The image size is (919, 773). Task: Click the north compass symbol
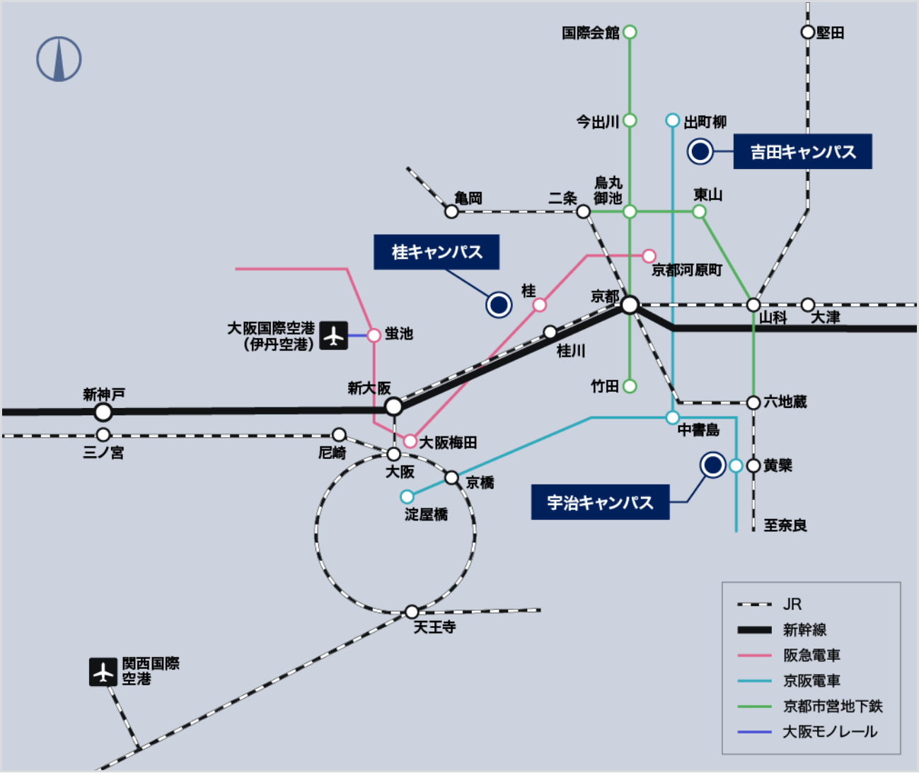(59, 59)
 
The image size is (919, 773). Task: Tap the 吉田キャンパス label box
(802, 151)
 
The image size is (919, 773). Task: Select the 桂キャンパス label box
(437, 252)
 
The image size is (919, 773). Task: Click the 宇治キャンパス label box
(600, 502)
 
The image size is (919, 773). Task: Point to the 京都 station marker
(630, 305)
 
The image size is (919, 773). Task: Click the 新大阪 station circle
(394, 407)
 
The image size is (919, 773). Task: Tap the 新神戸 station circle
(103, 412)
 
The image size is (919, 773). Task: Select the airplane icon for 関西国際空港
(103, 672)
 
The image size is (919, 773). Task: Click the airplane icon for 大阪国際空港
(333, 335)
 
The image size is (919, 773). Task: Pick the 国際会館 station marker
(630, 32)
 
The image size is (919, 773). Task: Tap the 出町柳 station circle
(673, 121)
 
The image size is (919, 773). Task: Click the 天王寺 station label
(434, 627)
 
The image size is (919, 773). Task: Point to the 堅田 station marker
(807, 33)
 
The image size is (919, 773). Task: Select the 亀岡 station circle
(451, 211)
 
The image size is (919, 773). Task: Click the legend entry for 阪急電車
(811, 656)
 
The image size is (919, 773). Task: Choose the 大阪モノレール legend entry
(829, 732)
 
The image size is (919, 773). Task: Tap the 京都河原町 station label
(686, 270)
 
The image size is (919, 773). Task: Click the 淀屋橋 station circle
(407, 496)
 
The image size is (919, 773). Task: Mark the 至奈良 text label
(785, 525)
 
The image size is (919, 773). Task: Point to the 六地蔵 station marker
(753, 402)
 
